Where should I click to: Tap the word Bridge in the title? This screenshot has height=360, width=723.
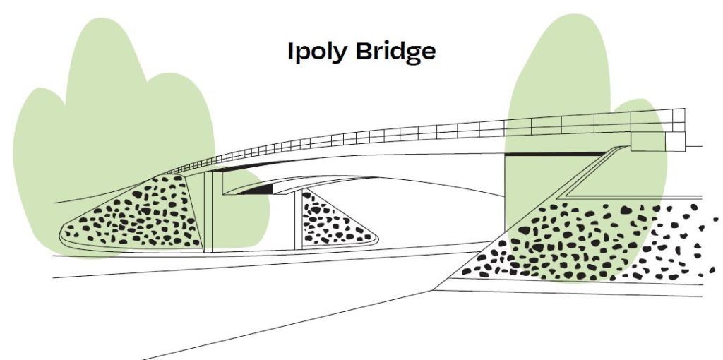(x=395, y=52)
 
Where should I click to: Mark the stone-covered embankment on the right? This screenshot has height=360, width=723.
(x=585, y=242)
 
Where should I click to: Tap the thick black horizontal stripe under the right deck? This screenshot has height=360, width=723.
(x=556, y=154)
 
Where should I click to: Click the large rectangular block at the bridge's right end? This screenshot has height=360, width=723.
(x=648, y=141)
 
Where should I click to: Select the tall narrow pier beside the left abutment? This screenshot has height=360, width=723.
(x=208, y=212)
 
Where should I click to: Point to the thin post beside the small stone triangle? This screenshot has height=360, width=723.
(x=299, y=220)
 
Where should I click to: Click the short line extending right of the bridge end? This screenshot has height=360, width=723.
(x=693, y=147)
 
